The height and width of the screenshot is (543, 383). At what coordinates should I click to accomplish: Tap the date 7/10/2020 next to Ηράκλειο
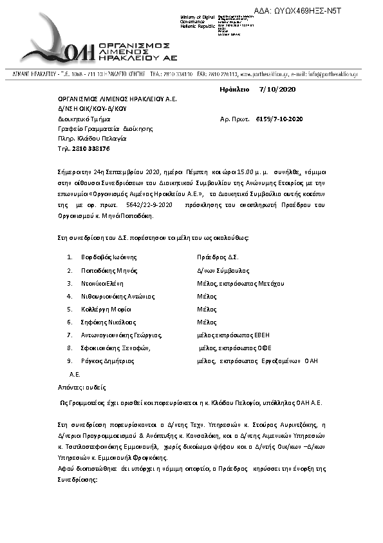[x=277, y=90]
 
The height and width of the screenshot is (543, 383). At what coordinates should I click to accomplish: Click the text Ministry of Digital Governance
[x=198, y=19]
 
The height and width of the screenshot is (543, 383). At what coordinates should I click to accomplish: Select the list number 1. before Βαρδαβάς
[x=70, y=257]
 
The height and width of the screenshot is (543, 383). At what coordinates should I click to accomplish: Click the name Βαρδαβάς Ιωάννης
[x=104, y=257]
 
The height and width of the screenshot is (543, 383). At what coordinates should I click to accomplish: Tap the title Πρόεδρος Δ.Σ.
[x=218, y=257]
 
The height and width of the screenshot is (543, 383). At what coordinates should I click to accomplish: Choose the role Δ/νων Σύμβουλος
[x=223, y=271]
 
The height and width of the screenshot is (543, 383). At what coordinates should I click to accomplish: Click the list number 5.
[x=70, y=309]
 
